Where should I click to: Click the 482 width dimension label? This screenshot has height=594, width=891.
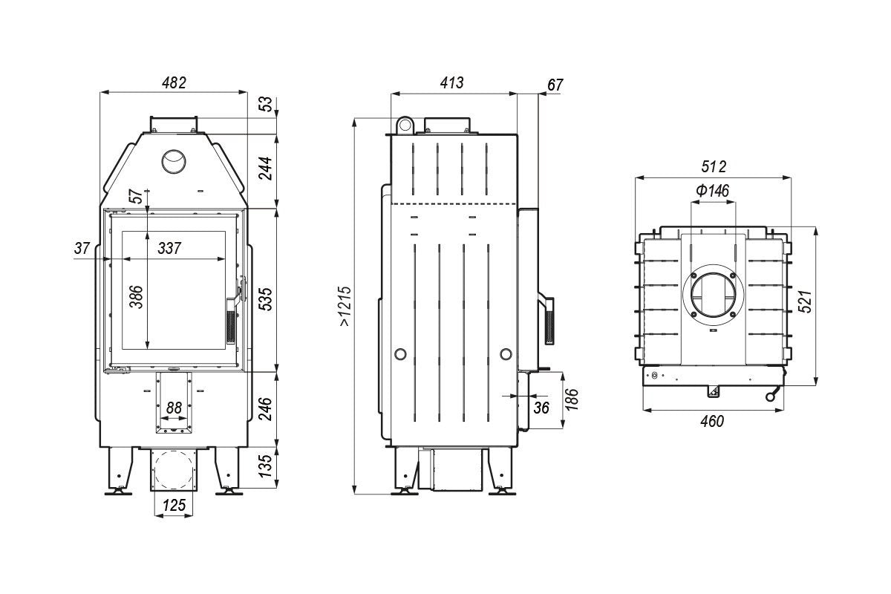click(174, 82)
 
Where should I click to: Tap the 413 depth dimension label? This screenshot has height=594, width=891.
click(452, 82)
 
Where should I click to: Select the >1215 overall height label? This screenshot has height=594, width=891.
click(345, 306)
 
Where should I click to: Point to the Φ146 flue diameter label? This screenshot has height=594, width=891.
click(712, 191)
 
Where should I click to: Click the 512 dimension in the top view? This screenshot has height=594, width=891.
click(714, 166)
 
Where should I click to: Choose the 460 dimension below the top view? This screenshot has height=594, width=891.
click(711, 421)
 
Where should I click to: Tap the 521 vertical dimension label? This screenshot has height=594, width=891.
click(805, 301)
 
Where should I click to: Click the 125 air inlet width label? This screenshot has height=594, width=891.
click(174, 506)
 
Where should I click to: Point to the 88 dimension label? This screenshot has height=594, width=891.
click(174, 408)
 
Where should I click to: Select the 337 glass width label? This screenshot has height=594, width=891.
click(169, 248)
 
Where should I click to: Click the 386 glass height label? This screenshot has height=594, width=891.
click(136, 296)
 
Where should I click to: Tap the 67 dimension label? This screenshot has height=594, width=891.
click(555, 85)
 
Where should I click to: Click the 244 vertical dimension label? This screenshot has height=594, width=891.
click(265, 169)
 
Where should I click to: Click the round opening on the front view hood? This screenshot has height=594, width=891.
click(174, 162)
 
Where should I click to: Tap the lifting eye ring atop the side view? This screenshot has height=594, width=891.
click(405, 125)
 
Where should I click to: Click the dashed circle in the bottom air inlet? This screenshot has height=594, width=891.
click(174, 470)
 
